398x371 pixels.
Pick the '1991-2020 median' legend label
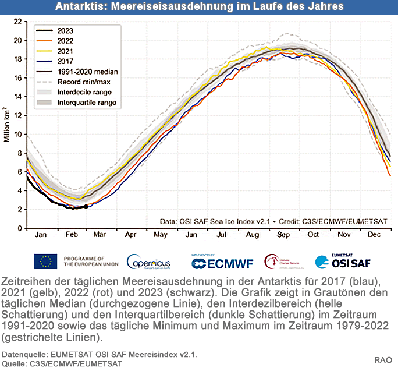(87, 72)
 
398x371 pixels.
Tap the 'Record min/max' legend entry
(84, 82)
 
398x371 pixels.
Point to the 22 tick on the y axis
(17, 22)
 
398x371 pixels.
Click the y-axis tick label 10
(17, 135)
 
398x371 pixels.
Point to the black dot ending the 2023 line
(86, 206)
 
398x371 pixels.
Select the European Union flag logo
(46, 262)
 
